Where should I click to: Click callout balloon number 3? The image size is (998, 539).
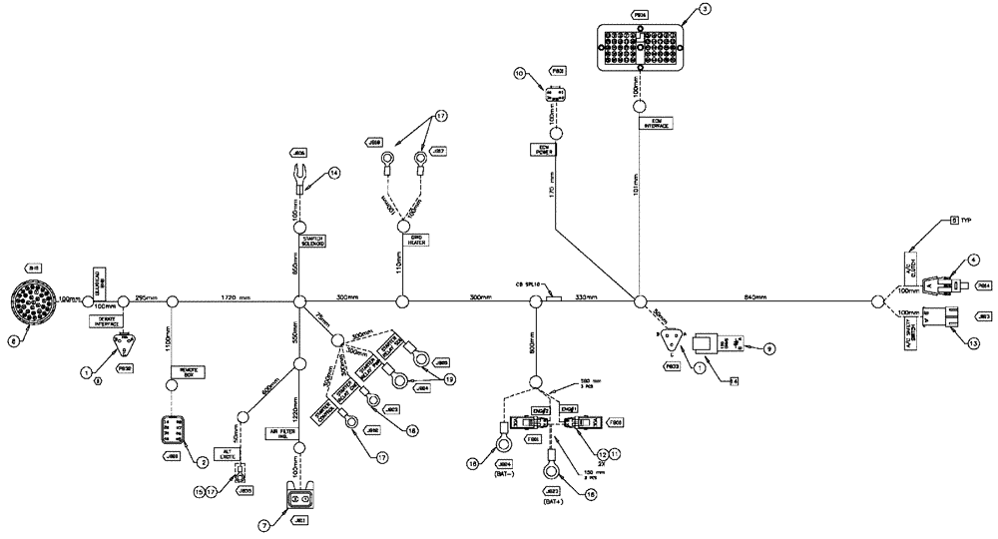(x=705, y=9)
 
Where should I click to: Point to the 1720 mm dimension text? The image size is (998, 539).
(x=234, y=297)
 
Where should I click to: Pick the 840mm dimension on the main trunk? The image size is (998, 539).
(x=755, y=296)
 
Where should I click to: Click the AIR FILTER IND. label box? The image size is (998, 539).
(x=282, y=432)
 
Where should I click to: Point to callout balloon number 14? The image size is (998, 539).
(x=334, y=172)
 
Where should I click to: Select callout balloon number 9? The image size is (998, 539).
(x=768, y=349)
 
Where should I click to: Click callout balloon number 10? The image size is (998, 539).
(x=520, y=73)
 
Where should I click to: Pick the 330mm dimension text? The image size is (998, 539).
(x=586, y=296)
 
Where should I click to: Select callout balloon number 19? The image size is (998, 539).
(x=450, y=378)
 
